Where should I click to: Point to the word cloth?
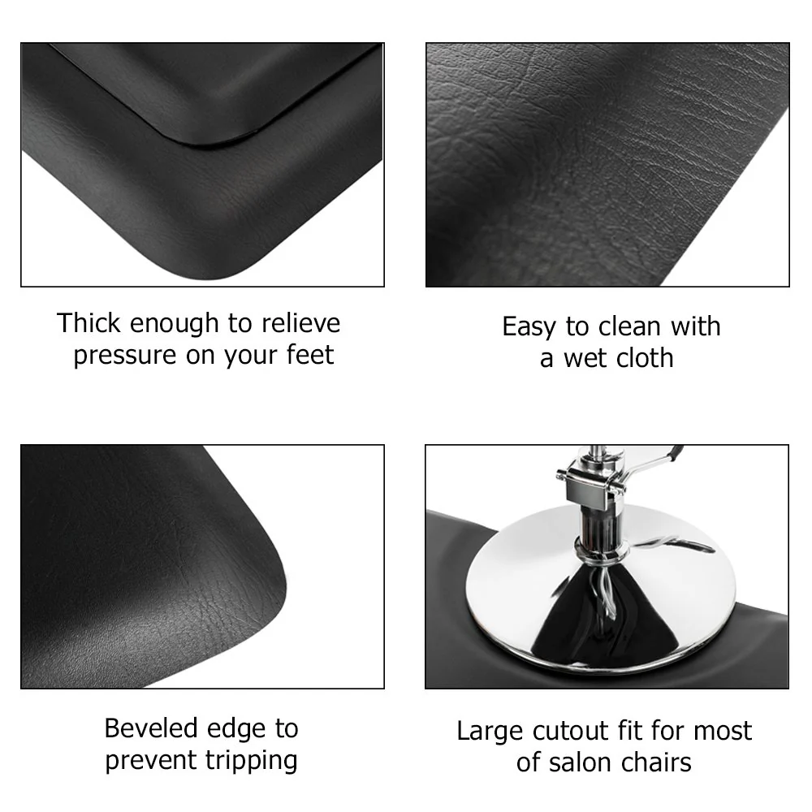click(642, 358)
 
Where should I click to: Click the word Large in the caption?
click(490, 731)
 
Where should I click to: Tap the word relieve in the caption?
click(300, 323)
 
